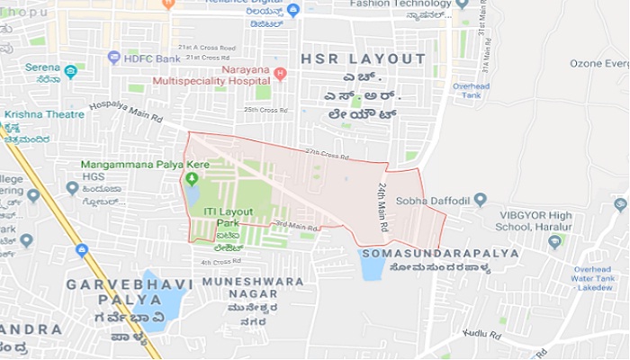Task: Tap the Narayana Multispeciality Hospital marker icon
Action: (280, 73)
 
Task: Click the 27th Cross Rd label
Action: (327, 155)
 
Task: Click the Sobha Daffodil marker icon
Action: (480, 200)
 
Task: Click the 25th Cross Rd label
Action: (265, 111)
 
